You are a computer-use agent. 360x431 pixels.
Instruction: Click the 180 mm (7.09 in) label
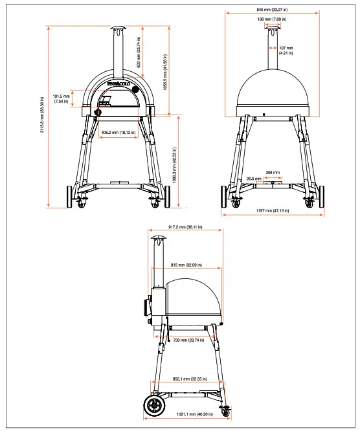[271, 19]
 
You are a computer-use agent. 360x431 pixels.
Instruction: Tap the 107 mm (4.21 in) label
[286, 49]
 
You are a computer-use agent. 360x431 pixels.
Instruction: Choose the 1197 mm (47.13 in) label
[273, 210]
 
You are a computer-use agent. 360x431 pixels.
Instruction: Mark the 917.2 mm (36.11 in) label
[186, 228]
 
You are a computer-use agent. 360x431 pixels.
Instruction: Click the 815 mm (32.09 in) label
[186, 265]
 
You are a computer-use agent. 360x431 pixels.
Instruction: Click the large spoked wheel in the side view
[155, 406]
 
